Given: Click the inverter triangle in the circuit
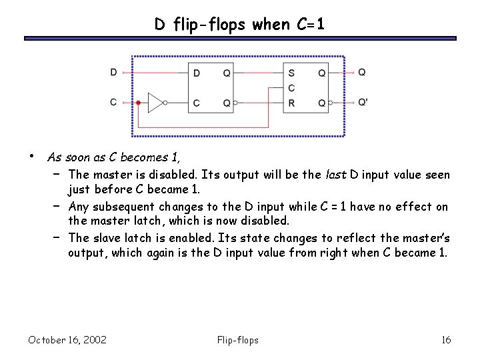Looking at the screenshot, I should [x=155, y=103].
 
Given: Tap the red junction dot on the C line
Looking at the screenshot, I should [x=137, y=103].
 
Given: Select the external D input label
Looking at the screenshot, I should [x=114, y=72].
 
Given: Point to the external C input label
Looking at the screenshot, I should [x=114, y=103].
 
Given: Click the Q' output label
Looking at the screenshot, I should [x=363, y=103].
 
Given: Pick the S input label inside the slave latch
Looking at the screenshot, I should [x=291, y=73].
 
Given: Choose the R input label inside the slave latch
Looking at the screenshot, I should [x=291, y=103].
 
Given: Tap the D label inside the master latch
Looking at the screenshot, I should [x=196, y=73].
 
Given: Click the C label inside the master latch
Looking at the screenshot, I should [x=196, y=103].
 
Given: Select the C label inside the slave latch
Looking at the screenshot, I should [x=291, y=87].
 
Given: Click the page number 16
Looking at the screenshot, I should [x=446, y=341].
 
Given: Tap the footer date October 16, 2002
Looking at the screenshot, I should [x=67, y=341].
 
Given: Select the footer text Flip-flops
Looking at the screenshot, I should [x=238, y=341].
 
